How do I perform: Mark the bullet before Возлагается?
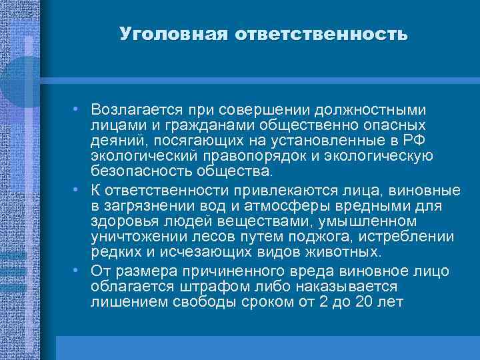(x=78, y=108)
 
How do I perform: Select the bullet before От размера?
(x=78, y=269)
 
